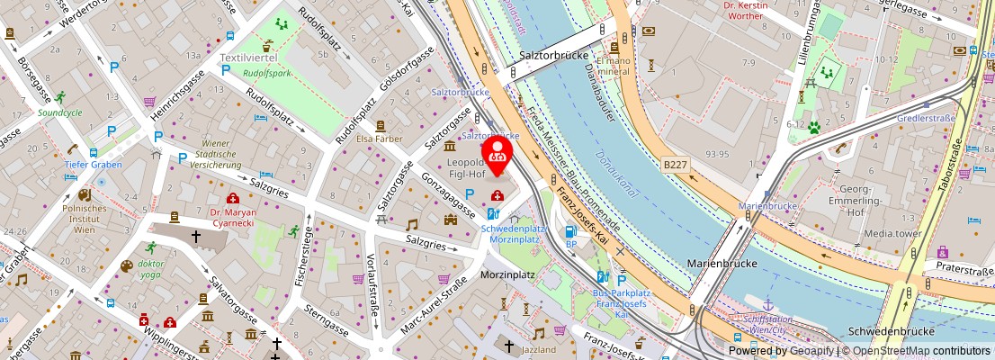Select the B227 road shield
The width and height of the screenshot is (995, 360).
[x=676, y=165]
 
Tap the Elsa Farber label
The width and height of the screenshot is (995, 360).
[x=380, y=139]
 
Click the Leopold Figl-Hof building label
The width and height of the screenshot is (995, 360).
[x=467, y=168]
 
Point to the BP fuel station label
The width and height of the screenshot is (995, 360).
[x=570, y=244]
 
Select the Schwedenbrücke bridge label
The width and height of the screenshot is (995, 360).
[x=887, y=330]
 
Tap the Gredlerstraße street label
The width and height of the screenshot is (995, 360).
[x=925, y=118]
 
